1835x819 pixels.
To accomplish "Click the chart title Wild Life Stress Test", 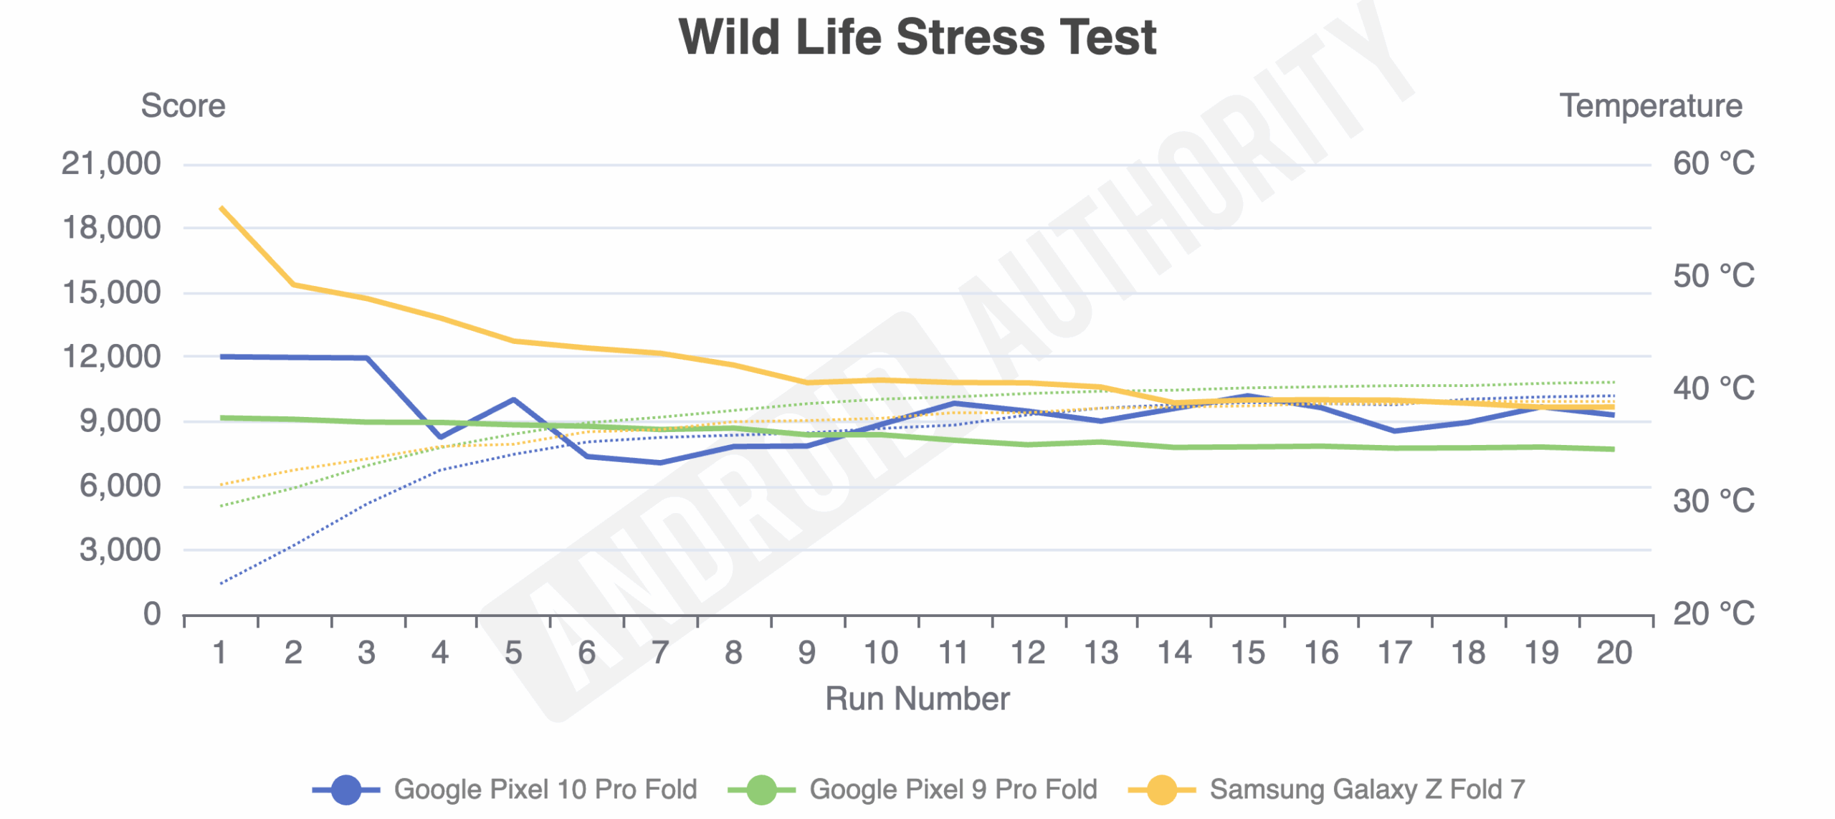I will pyautogui.click(x=917, y=37).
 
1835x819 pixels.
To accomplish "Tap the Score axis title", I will pyautogui.click(x=183, y=106).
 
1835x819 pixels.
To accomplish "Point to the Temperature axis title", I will pyautogui.click(x=1650, y=106).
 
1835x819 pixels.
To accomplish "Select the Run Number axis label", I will pyautogui.click(x=917, y=699).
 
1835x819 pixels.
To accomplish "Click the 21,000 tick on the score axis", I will pyautogui.click(x=111, y=164).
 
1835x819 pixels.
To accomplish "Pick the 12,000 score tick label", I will pyautogui.click(x=111, y=357).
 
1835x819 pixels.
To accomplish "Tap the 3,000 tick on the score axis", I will pyautogui.click(x=120, y=550).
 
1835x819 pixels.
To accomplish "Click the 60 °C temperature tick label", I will pyautogui.click(x=1713, y=164).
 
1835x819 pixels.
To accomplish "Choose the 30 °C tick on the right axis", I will pyautogui.click(x=1713, y=502).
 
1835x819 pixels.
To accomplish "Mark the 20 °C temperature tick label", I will pyautogui.click(x=1713, y=614).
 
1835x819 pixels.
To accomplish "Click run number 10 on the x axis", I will pyautogui.click(x=880, y=653).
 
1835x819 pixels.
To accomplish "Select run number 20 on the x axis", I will pyautogui.click(x=1614, y=653).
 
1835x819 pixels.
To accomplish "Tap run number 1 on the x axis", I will pyautogui.click(x=220, y=653).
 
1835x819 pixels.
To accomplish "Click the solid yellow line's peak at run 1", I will pyautogui.click(x=221, y=208).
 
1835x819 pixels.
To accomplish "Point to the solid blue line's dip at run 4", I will pyautogui.click(x=440, y=436).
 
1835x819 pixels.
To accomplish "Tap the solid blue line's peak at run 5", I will pyautogui.click(x=513, y=399).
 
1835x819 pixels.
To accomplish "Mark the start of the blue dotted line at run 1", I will pyautogui.click(x=221, y=583).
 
